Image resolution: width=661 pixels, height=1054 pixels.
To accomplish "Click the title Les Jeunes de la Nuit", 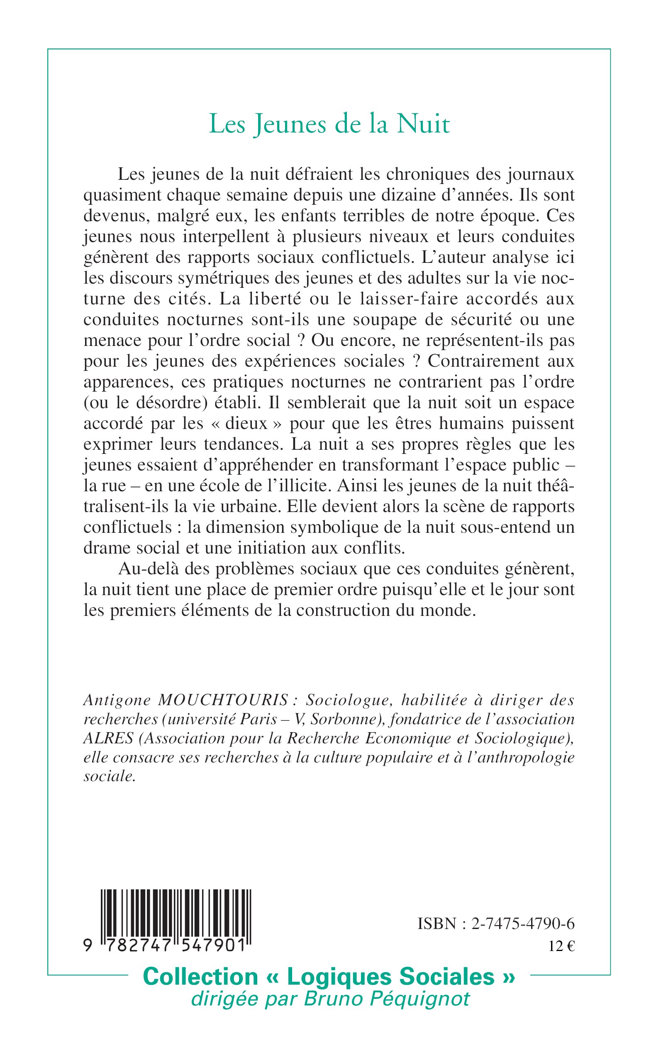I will (x=329, y=124).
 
